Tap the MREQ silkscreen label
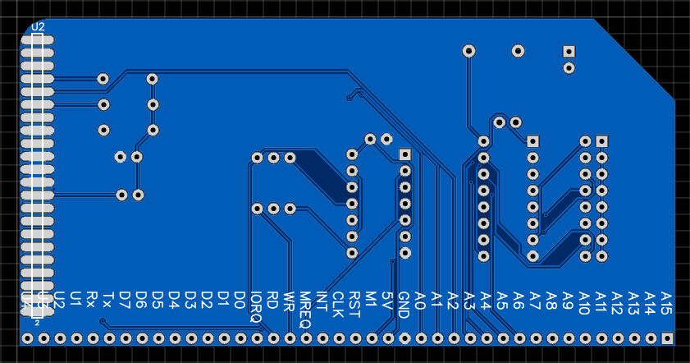305,309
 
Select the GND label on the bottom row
404,305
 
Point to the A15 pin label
666,300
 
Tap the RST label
354,301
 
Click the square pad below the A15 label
667,338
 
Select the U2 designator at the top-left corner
39,26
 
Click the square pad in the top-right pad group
569,51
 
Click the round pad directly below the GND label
404,338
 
